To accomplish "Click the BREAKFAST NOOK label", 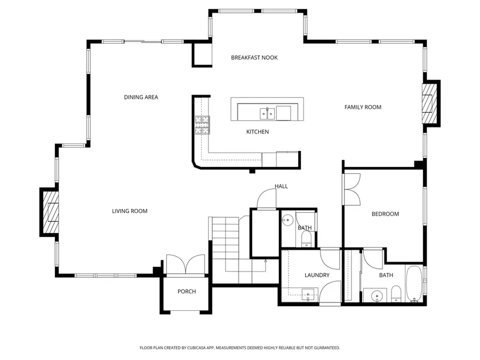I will click(254, 58).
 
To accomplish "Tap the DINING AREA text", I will click(141, 97).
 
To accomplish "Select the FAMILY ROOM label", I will click(363, 107).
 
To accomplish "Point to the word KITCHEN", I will click(257, 132).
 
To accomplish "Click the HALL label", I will click(281, 186).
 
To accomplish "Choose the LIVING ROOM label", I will click(130, 211).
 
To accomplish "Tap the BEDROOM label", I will click(385, 214).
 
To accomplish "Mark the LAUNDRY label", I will click(317, 275).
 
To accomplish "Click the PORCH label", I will click(187, 291).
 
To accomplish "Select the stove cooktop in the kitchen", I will click(202, 124).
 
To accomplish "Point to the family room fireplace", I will click(430, 103).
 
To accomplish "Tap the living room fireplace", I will click(50, 212).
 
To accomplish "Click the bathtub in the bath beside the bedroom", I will click(414, 284).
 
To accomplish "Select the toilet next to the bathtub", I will click(396, 293).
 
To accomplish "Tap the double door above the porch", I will click(186, 265).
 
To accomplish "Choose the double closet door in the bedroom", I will click(352, 189).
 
